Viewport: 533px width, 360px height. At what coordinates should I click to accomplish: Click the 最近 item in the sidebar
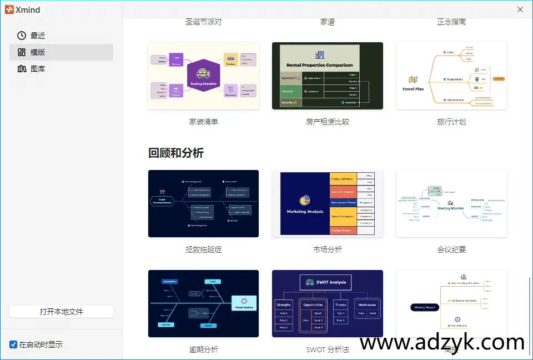[38, 36]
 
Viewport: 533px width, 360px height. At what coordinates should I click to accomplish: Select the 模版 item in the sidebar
[38, 52]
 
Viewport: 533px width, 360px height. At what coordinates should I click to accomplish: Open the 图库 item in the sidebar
[38, 69]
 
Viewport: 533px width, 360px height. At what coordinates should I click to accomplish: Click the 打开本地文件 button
[61, 312]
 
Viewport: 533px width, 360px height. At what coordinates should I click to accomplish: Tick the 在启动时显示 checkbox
[14, 344]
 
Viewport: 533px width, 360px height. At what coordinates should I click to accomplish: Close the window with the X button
[520, 9]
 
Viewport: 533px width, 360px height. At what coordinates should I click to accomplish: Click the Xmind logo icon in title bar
[9, 9]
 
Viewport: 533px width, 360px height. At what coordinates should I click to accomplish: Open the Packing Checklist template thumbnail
[203, 76]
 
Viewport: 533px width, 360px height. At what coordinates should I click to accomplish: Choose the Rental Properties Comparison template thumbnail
[327, 76]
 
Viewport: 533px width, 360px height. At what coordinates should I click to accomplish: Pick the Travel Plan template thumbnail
[451, 76]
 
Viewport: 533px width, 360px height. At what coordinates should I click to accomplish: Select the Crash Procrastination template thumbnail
[203, 203]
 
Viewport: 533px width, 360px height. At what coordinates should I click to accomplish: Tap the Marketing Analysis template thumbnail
[327, 203]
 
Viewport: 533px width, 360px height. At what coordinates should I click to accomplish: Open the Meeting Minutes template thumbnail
[451, 203]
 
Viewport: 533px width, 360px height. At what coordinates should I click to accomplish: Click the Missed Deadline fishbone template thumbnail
[203, 303]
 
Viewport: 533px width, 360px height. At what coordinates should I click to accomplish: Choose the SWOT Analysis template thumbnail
[327, 303]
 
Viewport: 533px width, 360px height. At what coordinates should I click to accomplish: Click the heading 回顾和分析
[176, 153]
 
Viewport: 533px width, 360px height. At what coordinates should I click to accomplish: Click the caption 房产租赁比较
[327, 122]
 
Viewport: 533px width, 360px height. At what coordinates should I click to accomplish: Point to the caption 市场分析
[327, 249]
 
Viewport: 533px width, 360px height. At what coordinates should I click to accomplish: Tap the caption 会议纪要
[451, 249]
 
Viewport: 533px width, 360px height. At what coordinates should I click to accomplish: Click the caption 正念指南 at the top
[451, 22]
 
